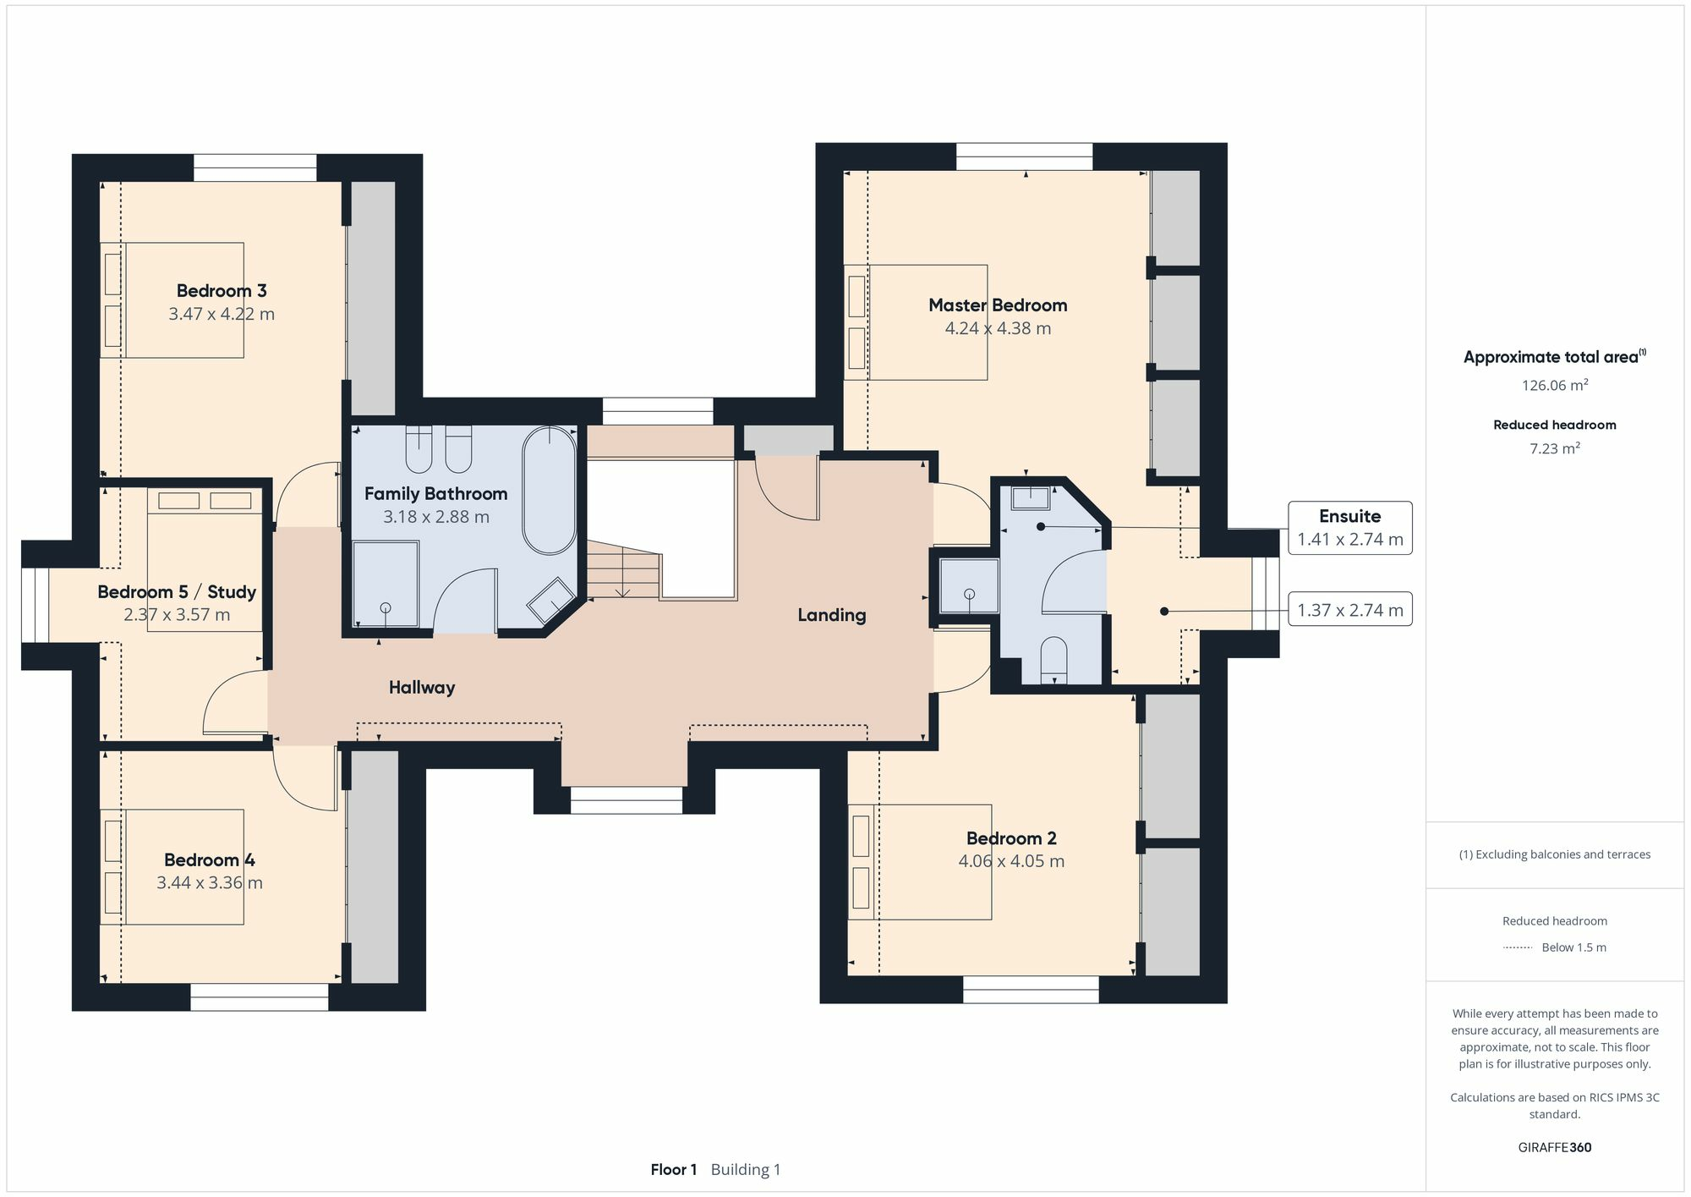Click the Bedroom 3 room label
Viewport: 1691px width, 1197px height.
[x=222, y=291]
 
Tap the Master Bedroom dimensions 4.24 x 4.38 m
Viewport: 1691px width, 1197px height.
[x=998, y=328]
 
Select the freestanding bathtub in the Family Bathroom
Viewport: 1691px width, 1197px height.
[x=550, y=491]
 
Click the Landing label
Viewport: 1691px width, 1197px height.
[x=832, y=615]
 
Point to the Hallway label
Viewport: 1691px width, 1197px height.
[x=422, y=688]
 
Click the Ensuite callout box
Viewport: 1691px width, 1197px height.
[x=1350, y=528]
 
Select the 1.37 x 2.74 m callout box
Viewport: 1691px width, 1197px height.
[x=1350, y=610]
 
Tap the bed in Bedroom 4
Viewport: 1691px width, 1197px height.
[x=172, y=867]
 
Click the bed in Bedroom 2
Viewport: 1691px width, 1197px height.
[x=920, y=862]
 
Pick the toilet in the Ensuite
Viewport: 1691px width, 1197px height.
[x=1053, y=660]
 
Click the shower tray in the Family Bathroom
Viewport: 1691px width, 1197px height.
[x=386, y=585]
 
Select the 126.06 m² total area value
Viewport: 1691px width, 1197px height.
[x=1555, y=386]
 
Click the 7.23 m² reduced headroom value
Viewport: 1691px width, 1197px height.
[x=1555, y=448]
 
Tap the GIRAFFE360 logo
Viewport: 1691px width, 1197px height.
[x=1555, y=1148]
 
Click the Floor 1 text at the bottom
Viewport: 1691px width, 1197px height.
[x=674, y=1170]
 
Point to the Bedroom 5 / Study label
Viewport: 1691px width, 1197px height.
[x=177, y=592]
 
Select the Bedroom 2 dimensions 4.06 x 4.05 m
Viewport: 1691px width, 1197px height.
[x=1011, y=861]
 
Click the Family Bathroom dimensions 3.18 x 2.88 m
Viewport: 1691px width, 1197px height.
[x=436, y=517]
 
